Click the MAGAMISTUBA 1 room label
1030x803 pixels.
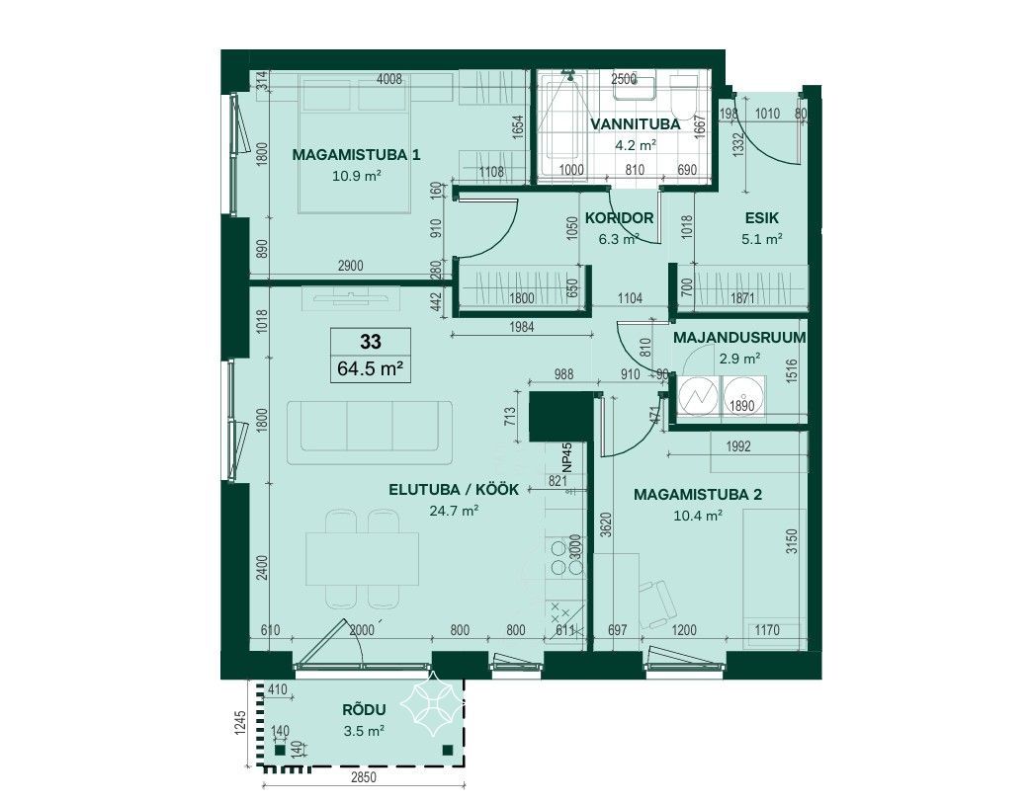[x=356, y=155]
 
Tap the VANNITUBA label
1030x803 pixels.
[x=635, y=124]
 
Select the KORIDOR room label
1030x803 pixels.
[x=619, y=218]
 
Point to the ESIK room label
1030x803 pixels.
[x=761, y=218]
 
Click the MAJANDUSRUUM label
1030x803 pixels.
[x=739, y=338]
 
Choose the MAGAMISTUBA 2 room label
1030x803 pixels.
[x=698, y=495]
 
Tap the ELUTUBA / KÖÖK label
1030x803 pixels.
[x=454, y=489]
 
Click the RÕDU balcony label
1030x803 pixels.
[x=364, y=710]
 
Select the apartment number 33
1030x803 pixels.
[x=371, y=342]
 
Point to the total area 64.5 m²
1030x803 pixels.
[x=370, y=368]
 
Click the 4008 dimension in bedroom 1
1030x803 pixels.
[x=388, y=80]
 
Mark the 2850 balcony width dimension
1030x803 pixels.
[x=363, y=778]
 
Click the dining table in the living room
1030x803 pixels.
[x=363, y=558]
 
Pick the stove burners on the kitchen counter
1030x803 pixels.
[x=559, y=558]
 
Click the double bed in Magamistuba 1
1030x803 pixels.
[x=356, y=143]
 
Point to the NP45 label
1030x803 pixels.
[x=567, y=458]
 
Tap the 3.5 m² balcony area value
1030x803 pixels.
[x=364, y=731]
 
